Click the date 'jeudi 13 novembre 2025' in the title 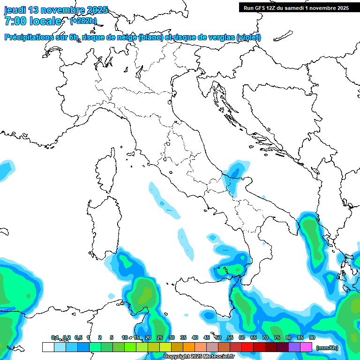click(x=56, y=10)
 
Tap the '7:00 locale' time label click(x=33, y=21)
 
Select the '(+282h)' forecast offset click(x=83, y=21)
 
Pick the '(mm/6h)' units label click(x=327, y=347)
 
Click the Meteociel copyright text click(x=199, y=356)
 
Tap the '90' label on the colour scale click(x=312, y=337)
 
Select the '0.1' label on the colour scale click(x=55, y=337)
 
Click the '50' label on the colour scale click(x=218, y=337)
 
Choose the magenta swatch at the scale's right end click(x=306, y=347)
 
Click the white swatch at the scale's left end click(x=48, y=347)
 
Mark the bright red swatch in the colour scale click(x=247, y=347)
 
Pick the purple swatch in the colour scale click(x=294, y=347)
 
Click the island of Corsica click(x=106, y=171)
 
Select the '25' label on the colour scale click(x=159, y=337)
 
